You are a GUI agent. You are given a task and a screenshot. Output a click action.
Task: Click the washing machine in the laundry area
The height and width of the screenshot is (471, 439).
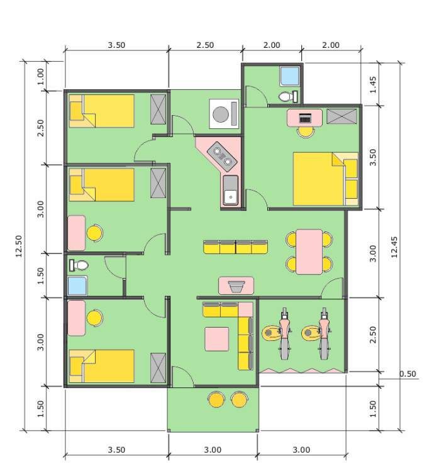pyautogui.click(x=224, y=114)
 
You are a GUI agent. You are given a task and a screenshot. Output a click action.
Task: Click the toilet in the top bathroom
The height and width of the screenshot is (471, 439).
pyautogui.click(x=287, y=96)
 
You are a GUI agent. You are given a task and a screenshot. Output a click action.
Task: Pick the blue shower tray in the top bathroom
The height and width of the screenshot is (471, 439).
pyautogui.click(x=290, y=75)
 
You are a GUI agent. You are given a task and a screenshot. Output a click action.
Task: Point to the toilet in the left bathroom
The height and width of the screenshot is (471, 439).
pyautogui.click(x=79, y=265)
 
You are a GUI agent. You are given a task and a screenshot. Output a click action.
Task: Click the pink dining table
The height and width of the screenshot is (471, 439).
pyautogui.click(x=309, y=251)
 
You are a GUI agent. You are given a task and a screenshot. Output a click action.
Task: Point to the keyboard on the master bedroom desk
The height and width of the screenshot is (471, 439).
pyautogui.click(x=305, y=118)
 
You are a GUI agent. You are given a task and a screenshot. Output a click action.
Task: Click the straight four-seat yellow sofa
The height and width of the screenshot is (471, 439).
pyautogui.click(x=236, y=247)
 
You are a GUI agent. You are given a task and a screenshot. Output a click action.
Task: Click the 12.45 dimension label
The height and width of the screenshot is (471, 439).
pyautogui.click(x=394, y=246)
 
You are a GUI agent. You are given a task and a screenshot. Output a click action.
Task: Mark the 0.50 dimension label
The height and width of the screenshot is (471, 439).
pyautogui.click(x=408, y=374)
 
